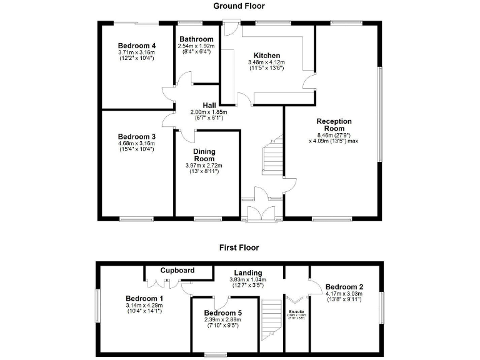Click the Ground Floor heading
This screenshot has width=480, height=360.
pos(239,6)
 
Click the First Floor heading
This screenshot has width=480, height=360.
pos(239,247)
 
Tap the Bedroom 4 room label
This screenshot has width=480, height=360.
pos(136,46)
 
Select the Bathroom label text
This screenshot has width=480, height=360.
pos(196,39)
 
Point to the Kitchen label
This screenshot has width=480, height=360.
pos(266,56)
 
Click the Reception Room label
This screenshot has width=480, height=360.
pos(334,125)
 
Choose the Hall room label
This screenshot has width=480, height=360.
pos(209,104)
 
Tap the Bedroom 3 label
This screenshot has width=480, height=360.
pos(136,136)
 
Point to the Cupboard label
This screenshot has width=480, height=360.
pos(177,271)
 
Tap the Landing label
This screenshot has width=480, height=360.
pos(248,272)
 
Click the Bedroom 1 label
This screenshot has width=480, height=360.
pos(144,298)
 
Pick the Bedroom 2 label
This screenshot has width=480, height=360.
pos(344,287)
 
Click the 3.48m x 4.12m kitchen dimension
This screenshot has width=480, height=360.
pos(266,62)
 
